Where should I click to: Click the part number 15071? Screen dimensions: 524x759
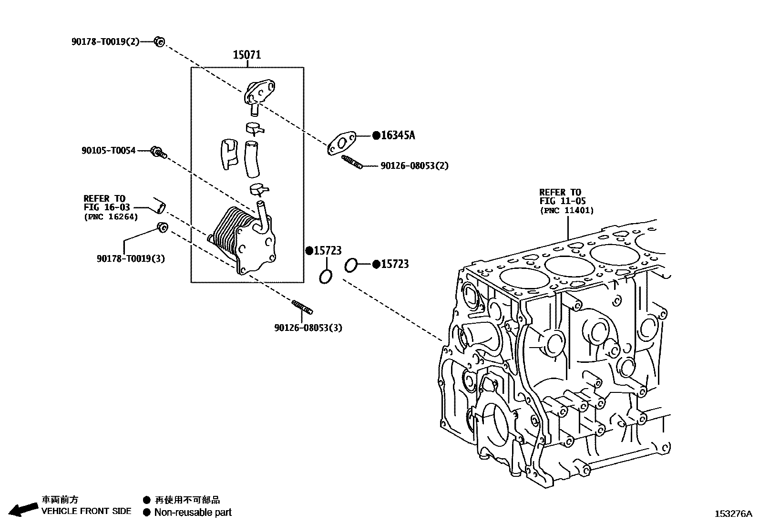(x=246, y=55)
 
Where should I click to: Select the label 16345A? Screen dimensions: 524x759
(x=398, y=135)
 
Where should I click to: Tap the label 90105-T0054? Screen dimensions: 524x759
(x=108, y=151)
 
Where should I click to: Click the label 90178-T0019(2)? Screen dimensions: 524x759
(x=105, y=41)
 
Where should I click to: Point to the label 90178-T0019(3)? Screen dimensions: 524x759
(x=131, y=258)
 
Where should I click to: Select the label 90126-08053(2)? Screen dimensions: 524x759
(x=414, y=166)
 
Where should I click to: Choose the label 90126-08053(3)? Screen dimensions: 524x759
(x=308, y=328)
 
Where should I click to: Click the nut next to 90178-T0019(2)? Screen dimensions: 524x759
(x=160, y=42)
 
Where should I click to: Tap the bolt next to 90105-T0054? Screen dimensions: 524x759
(x=158, y=152)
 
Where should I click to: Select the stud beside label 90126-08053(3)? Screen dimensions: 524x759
(x=302, y=307)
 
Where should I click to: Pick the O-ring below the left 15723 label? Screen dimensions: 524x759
(x=326, y=276)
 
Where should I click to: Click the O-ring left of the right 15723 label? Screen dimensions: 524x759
(x=350, y=265)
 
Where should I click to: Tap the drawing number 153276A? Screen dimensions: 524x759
(x=733, y=514)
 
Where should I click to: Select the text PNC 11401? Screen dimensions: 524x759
(x=567, y=210)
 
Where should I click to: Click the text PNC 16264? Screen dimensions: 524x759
(x=111, y=217)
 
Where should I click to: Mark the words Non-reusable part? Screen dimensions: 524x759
(x=193, y=513)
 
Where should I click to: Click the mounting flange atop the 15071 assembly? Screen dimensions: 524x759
(x=260, y=92)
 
